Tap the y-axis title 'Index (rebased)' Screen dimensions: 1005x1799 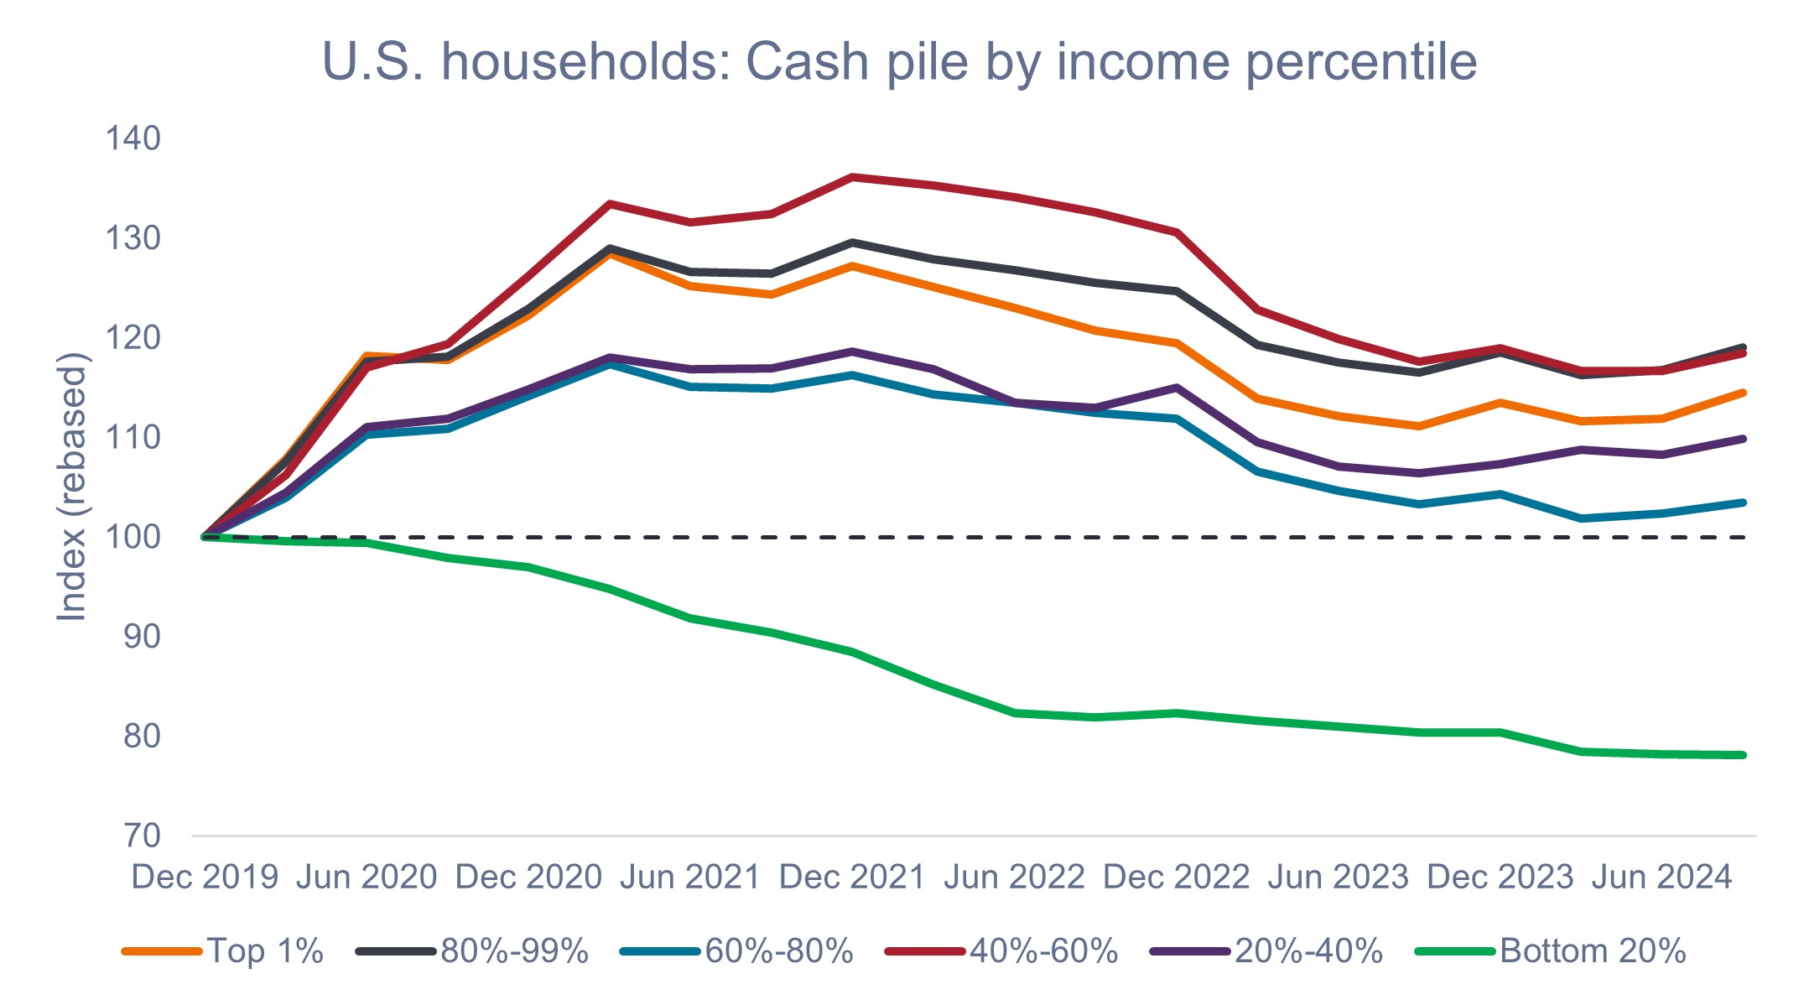[73, 487]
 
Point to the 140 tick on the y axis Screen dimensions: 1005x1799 [133, 138]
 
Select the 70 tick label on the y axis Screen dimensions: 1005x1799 [142, 836]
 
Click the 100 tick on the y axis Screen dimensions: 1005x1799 [133, 537]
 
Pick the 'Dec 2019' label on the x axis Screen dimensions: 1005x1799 [205, 877]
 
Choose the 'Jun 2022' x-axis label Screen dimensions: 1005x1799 [1014, 877]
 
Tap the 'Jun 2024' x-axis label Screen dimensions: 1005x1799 [1661, 877]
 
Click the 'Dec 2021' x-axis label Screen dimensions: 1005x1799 [852, 877]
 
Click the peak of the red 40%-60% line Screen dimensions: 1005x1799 [852, 177]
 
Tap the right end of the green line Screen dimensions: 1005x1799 [1742, 755]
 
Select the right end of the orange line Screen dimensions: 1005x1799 [1742, 393]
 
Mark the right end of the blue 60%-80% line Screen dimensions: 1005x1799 [1742, 502]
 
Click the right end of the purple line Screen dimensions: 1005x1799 [1742, 439]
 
